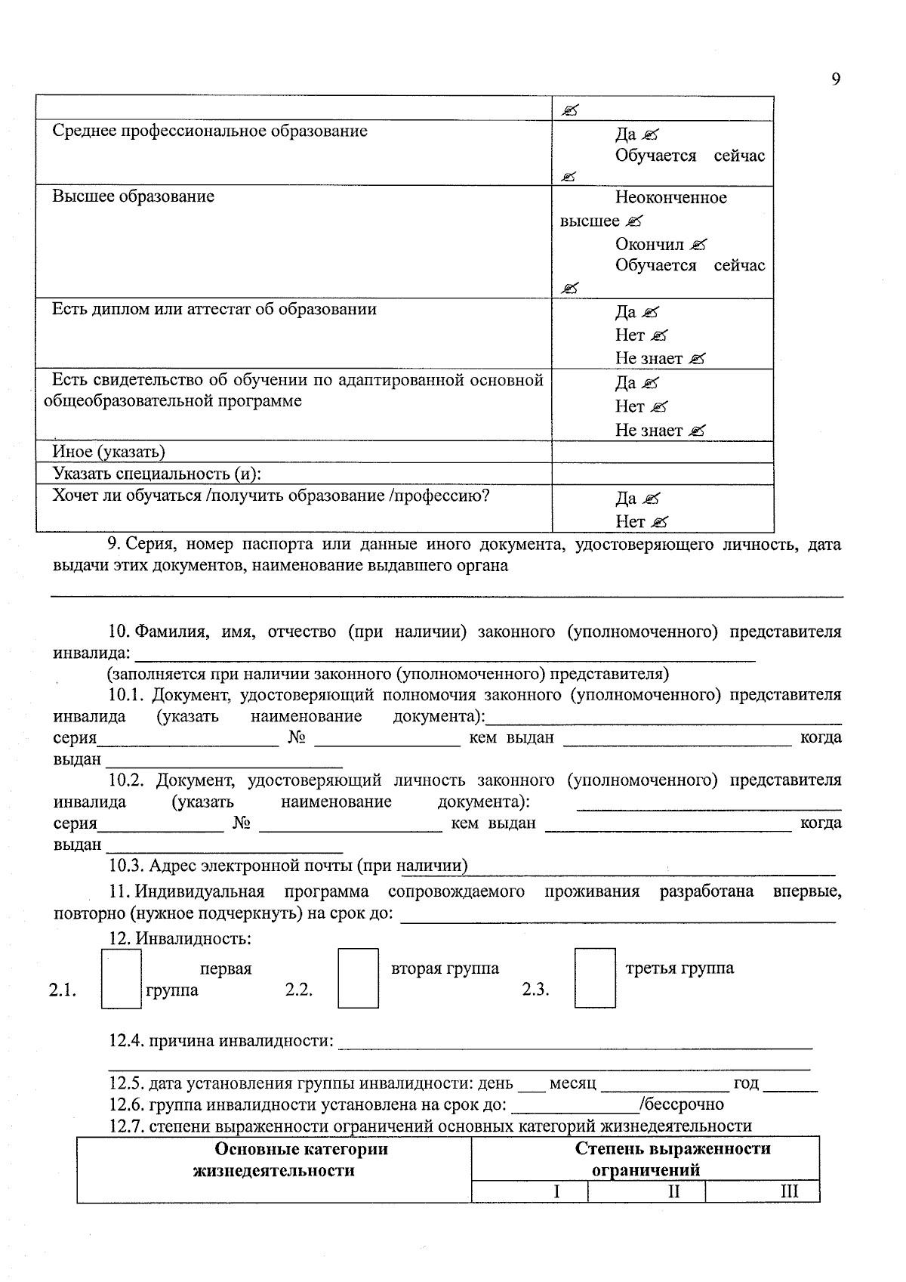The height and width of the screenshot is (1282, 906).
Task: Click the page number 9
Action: point(835,79)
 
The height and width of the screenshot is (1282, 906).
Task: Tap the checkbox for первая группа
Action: point(122,979)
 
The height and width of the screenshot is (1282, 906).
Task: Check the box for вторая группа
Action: point(358,978)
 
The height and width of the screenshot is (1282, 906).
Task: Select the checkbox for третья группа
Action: point(595,978)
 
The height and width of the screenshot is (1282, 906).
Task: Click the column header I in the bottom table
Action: point(556,1191)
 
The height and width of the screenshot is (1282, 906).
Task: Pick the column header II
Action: point(673,1191)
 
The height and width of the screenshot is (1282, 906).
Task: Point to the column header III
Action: point(789,1191)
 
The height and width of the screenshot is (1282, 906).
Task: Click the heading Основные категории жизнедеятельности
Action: point(274,1160)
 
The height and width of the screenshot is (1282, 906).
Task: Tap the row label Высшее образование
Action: point(133,196)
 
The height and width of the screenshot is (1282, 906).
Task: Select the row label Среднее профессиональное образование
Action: point(210,131)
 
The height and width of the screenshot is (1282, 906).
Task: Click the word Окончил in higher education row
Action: point(649,244)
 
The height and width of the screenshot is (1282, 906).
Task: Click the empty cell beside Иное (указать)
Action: point(662,452)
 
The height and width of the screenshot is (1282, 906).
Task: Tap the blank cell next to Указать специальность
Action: point(662,474)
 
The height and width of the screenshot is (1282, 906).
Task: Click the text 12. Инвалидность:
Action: point(180,939)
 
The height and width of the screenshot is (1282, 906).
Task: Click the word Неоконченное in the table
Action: point(670,198)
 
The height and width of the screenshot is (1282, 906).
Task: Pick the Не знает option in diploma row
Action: point(649,358)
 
